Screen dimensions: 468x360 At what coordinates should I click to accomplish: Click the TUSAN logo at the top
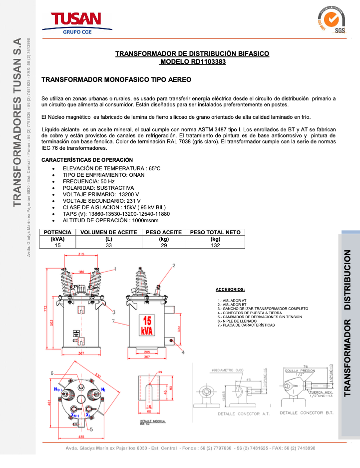pos(76,22)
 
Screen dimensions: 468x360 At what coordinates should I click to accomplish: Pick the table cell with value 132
pos(215,245)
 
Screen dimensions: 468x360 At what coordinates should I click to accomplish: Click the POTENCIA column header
pos(58,232)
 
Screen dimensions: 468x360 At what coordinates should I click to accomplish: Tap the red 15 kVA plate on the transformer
pos(148,326)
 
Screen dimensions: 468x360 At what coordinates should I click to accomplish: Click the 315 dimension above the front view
pos(81,255)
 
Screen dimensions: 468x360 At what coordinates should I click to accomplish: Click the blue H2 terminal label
pos(103,389)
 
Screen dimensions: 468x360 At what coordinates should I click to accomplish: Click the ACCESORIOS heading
pos(230,290)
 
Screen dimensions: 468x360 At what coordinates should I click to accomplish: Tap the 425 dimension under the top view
pos(81,436)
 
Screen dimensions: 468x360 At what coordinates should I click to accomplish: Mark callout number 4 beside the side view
pos(183,352)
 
